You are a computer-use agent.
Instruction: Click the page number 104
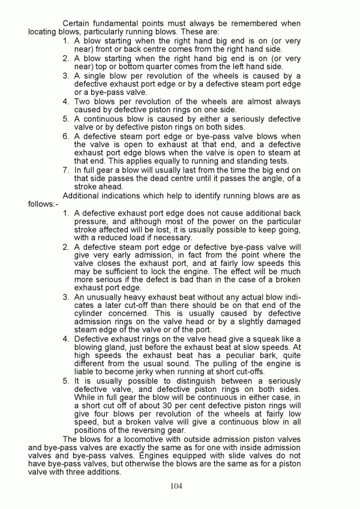point(176,486)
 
